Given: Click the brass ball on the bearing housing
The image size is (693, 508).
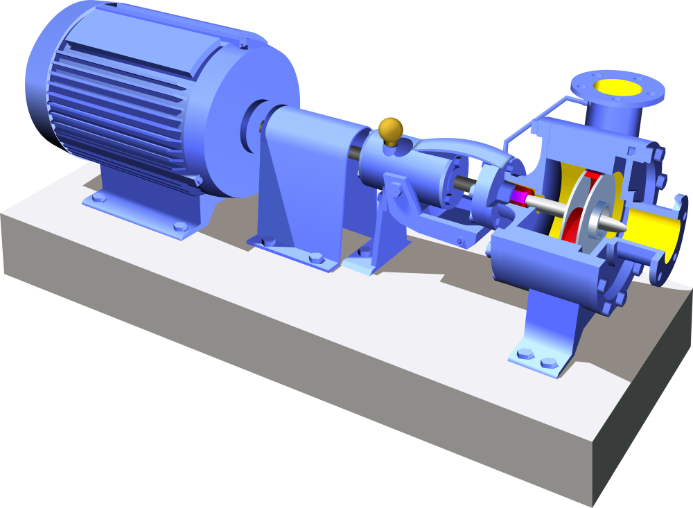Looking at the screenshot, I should [x=391, y=129].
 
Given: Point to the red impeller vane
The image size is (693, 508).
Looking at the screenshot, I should [x=572, y=208].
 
